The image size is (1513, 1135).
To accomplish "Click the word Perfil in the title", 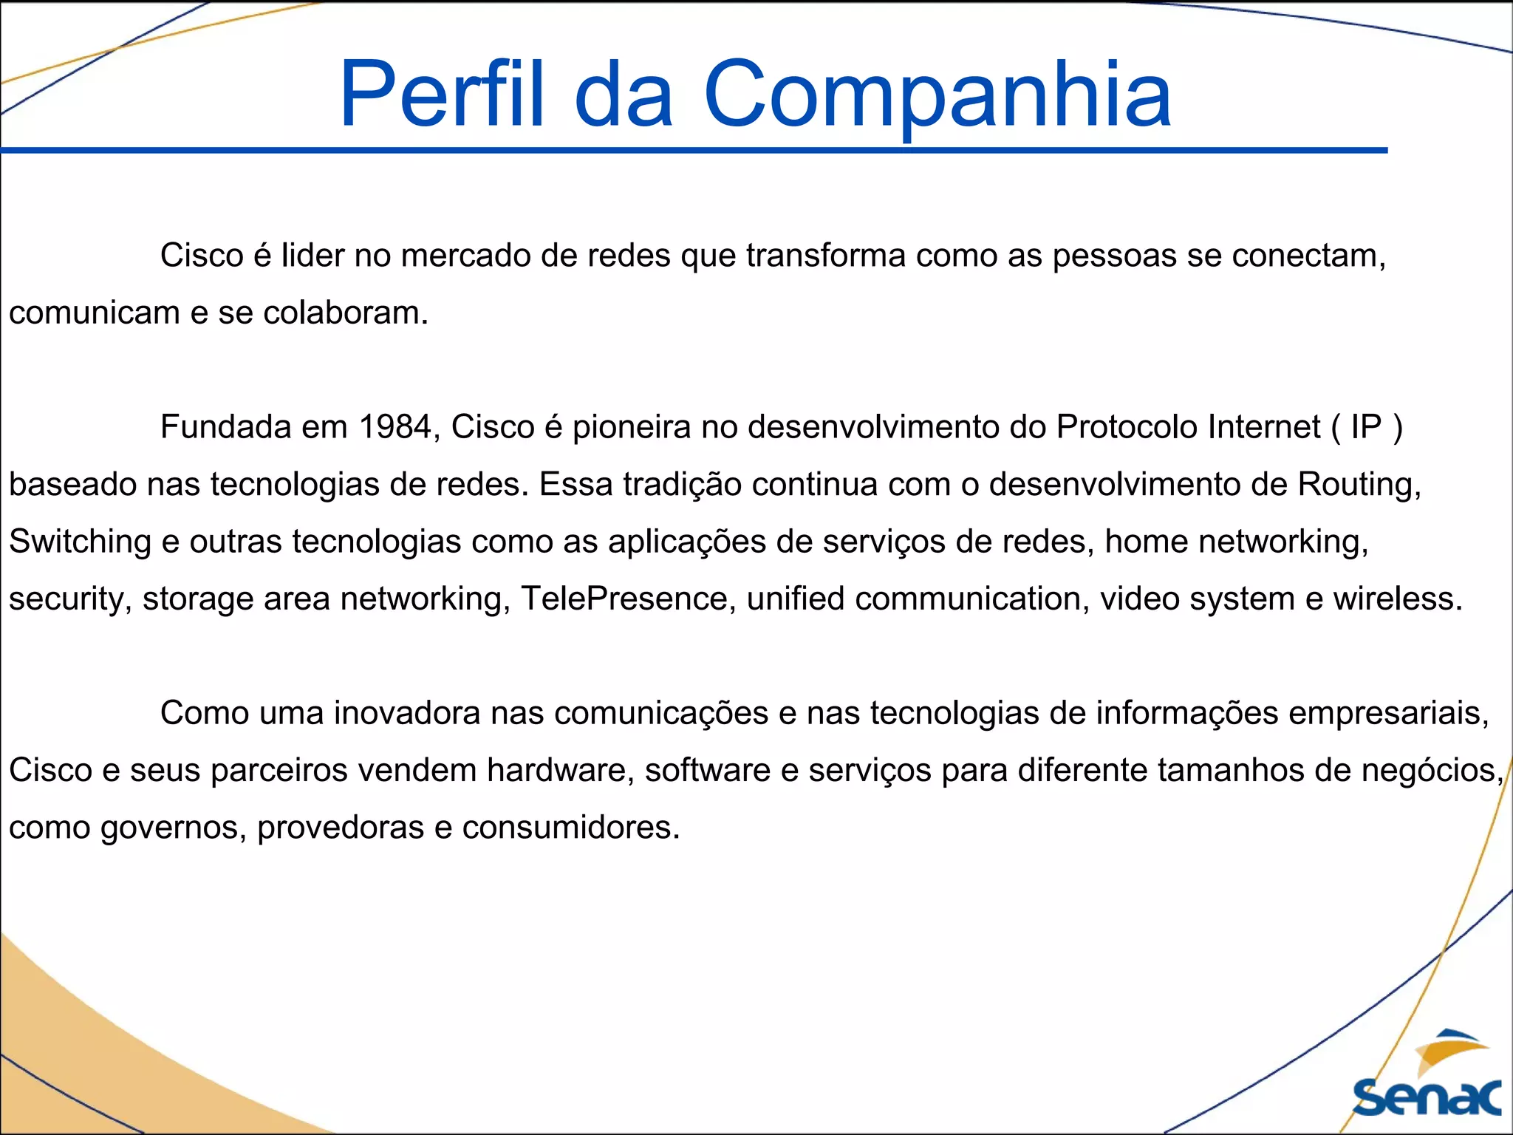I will (x=442, y=95).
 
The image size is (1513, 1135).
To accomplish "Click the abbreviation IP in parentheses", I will (x=1366, y=427).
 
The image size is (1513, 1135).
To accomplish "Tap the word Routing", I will (x=1359, y=485).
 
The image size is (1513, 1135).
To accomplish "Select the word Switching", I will (x=80, y=542).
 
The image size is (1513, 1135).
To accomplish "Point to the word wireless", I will (x=1397, y=599).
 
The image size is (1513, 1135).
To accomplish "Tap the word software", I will (x=708, y=770).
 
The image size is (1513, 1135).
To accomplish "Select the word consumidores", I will (x=570, y=827).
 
